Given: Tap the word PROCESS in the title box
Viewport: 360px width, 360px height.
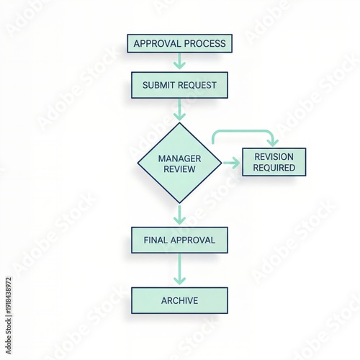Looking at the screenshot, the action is (x=205, y=44).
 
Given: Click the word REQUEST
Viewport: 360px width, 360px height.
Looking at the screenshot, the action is (x=197, y=85).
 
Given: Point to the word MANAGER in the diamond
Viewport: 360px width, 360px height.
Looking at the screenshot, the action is (x=179, y=158).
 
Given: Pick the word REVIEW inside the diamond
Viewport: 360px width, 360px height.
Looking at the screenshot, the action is (x=179, y=169).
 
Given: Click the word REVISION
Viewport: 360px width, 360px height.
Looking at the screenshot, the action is (x=274, y=157).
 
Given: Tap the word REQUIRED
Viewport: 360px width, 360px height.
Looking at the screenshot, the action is (x=274, y=168).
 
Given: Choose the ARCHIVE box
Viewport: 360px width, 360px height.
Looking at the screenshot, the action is (x=179, y=300).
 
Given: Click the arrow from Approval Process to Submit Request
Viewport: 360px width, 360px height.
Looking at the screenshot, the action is (x=179, y=61).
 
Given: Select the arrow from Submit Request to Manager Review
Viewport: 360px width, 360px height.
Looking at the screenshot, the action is (x=179, y=109).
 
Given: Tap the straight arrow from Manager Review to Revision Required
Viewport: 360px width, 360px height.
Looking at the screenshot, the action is (x=231, y=163).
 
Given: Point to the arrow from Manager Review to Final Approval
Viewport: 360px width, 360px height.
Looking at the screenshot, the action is (x=179, y=215).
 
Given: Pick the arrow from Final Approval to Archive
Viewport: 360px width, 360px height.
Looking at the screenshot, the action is (x=179, y=269).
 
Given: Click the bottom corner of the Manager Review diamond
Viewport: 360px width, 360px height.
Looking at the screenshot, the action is (x=179, y=204).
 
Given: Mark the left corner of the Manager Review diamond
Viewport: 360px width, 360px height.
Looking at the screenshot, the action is (x=138, y=163).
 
